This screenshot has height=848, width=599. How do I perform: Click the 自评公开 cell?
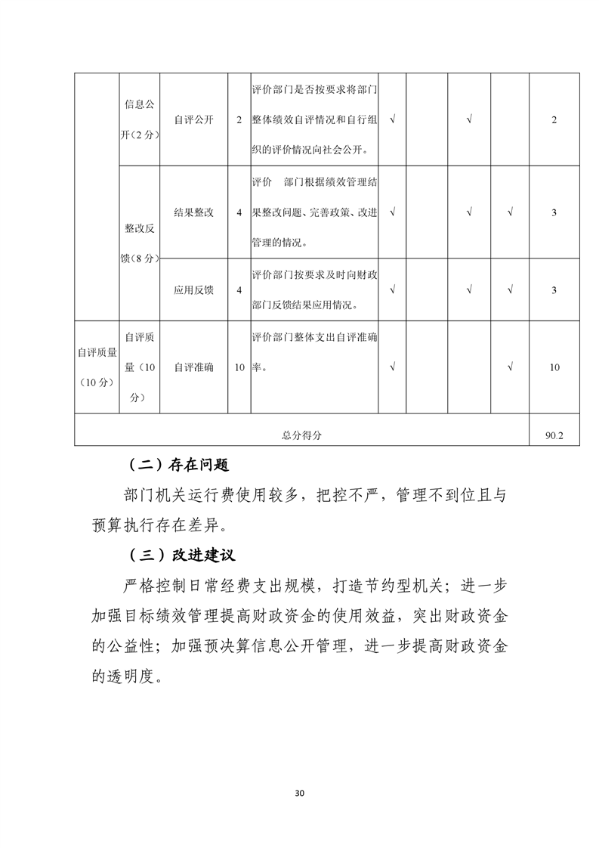(193, 119)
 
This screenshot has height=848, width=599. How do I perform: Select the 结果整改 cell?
(193, 212)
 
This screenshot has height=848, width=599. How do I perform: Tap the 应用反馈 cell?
(193, 290)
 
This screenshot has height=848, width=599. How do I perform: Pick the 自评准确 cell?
(193, 367)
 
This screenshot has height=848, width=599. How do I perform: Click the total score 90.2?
(554, 435)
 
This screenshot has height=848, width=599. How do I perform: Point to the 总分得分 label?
(301, 435)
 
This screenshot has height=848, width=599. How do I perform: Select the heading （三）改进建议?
(179, 555)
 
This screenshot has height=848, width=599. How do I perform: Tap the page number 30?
(299, 794)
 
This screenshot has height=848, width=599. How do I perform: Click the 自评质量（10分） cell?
(96, 367)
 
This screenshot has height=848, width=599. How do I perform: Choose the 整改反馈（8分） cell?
(140, 242)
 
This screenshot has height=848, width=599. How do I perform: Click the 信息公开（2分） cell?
(140, 119)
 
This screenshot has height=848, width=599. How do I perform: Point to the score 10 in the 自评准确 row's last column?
(554, 367)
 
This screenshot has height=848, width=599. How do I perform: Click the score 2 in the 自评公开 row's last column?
(554, 119)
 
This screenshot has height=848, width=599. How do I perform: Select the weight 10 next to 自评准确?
(239, 367)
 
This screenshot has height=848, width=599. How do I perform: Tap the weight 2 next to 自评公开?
(239, 119)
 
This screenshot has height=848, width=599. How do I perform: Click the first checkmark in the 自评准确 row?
(393, 367)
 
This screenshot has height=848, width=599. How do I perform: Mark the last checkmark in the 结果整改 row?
(511, 212)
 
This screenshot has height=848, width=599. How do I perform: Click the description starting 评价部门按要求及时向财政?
(314, 290)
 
